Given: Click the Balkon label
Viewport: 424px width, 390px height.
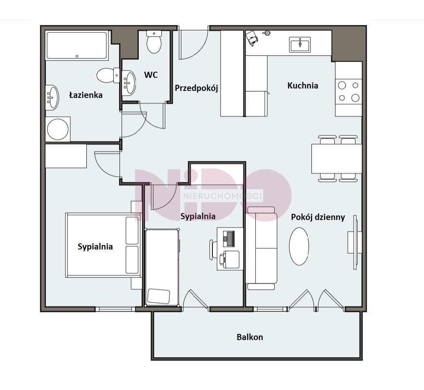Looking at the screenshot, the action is (x=250, y=337).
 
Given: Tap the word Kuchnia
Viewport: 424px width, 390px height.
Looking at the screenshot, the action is (x=302, y=86).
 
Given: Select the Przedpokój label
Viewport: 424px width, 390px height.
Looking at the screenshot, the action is (x=196, y=88).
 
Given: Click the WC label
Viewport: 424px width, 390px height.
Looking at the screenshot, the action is (x=151, y=75).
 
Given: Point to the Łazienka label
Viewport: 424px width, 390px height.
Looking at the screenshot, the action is (x=86, y=95).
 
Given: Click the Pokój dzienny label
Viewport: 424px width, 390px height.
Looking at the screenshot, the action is (x=318, y=218).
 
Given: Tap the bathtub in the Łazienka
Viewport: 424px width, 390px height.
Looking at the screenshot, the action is (x=77, y=46).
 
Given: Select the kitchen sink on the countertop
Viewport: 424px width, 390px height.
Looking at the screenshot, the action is (x=300, y=44).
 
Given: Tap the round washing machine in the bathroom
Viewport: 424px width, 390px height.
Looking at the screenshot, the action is (x=58, y=129).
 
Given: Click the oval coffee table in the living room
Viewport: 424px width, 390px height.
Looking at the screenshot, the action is (x=299, y=246).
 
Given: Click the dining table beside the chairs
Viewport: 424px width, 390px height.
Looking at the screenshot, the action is (x=336, y=159).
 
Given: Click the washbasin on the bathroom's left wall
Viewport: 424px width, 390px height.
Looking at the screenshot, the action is (x=52, y=97).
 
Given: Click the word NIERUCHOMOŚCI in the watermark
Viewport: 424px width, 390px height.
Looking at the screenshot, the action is (x=223, y=195).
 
